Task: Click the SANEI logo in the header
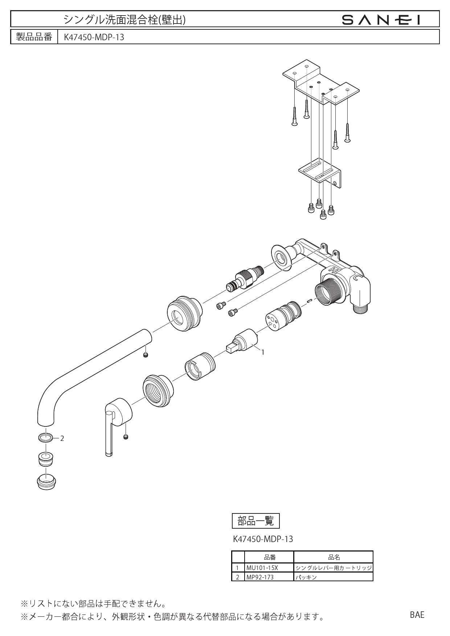click(x=382, y=20)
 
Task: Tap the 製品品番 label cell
click(x=34, y=37)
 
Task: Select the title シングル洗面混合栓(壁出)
click(x=124, y=20)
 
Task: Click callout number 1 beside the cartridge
click(x=262, y=352)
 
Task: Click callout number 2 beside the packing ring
click(x=62, y=438)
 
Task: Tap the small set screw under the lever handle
click(x=126, y=437)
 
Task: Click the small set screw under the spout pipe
click(x=146, y=355)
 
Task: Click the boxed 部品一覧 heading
click(x=255, y=521)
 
